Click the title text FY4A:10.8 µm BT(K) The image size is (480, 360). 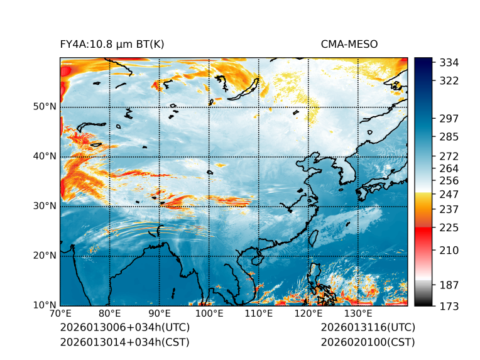pos(112,45)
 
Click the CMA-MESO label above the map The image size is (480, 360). pos(349,45)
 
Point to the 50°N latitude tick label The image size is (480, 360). pos(45,107)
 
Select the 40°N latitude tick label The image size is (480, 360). pos(45,156)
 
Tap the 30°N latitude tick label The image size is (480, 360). pos(45,206)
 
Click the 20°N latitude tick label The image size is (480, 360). pos(45,256)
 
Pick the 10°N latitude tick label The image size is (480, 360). pos(45,305)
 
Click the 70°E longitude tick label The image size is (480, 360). pos(60,314)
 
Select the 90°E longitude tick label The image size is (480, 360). pos(160,314)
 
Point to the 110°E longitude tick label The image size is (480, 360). pos(259,314)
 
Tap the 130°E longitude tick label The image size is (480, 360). pos(358,314)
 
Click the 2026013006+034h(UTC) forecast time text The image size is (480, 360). pos(124,328)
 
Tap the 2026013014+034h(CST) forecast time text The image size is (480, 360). pos(124,342)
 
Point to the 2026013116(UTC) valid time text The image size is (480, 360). pos(368,328)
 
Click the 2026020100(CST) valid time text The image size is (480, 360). pos(368,342)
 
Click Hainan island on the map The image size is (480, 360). pos(255,259)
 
